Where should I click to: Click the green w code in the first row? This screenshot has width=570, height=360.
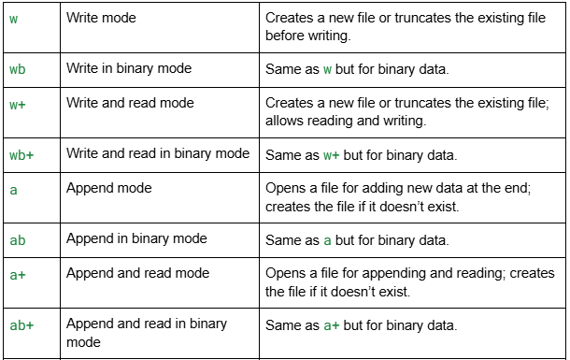[x=13, y=19]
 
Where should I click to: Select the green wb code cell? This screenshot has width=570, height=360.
[x=17, y=69]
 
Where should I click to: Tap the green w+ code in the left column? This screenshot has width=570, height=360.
[x=17, y=104]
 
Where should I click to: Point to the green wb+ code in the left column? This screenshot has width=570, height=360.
[x=21, y=154]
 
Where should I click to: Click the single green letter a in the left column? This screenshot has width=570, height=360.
[x=13, y=190]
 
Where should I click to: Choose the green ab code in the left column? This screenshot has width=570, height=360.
[x=18, y=240]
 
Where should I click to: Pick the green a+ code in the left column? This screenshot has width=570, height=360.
[x=17, y=275]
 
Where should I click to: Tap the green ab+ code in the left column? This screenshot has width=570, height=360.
[x=21, y=325]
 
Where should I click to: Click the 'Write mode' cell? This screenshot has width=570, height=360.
[x=102, y=18]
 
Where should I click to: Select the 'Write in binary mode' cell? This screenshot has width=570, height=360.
[x=127, y=68]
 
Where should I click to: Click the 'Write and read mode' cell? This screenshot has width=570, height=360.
[x=124, y=103]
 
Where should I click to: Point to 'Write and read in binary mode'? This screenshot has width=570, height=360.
[x=158, y=153]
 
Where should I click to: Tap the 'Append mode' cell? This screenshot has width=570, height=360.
[x=109, y=188]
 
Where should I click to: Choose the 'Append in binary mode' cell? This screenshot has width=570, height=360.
[x=135, y=239]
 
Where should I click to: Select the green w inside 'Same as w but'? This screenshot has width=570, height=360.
[x=329, y=69]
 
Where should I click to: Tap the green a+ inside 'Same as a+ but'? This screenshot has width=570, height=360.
[x=333, y=325]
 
